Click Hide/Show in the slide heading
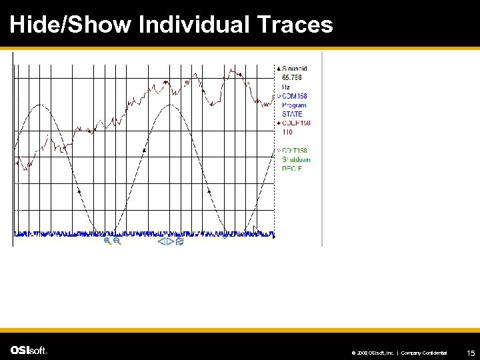71,25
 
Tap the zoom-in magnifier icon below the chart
107,241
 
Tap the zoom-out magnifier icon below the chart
117,241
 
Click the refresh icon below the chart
179,241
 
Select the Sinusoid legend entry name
295,69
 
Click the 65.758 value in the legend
292,77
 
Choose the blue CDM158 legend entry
294,96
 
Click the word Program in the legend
294,105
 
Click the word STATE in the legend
292,114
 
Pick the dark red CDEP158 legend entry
296,123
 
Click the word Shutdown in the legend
296,160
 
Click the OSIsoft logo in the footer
29,351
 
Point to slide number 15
471,353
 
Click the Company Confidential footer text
424,353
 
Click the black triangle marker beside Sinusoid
279,69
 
